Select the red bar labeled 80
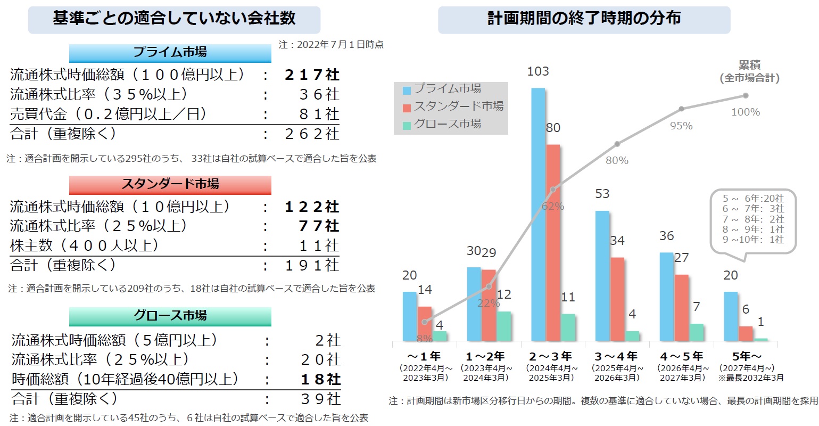pyautogui.click(x=553, y=242)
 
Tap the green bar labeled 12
pyautogui.click(x=503, y=326)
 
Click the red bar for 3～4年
pyautogui.click(x=617, y=299)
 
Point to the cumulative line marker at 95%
pyautogui.click(x=681, y=109)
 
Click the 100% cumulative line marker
pyautogui.click(x=746, y=96)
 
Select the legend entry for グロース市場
pyautogui.click(x=447, y=124)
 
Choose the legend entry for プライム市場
pyautogui.click(x=447, y=89)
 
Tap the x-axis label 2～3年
pyautogui.click(x=550, y=356)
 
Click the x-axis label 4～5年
pyautogui.click(x=681, y=356)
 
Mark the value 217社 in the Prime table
pyautogui.click(x=312, y=75)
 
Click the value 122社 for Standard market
pyautogui.click(x=312, y=207)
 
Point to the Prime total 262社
pyautogui.click(x=312, y=134)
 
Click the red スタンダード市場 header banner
pyautogui.click(x=170, y=184)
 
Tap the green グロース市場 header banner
pyautogui.click(x=170, y=316)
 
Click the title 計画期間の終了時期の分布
pyautogui.click(x=584, y=19)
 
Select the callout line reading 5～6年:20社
pyautogui.click(x=753, y=199)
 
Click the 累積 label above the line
pyautogui.click(x=750, y=65)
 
